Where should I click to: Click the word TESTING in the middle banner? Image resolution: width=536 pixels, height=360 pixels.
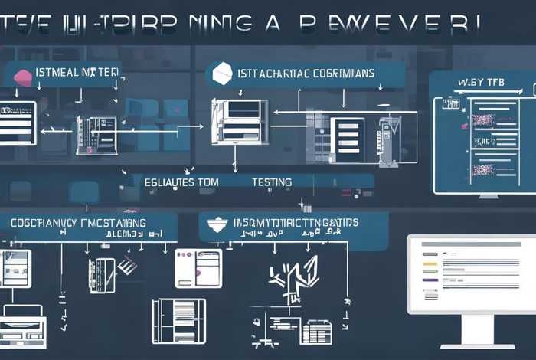272,182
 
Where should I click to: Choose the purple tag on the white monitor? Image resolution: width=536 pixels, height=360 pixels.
430,280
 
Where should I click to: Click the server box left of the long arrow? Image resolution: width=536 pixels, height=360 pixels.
96,135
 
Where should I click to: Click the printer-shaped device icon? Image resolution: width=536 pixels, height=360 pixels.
23,322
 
